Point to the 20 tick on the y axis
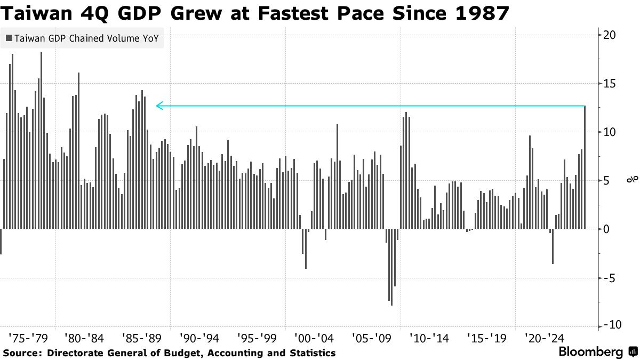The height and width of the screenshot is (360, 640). pyautogui.click(x=609, y=35)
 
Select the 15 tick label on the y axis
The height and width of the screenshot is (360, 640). pyautogui.click(x=609, y=84)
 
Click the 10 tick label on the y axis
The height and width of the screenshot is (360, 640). pyautogui.click(x=609, y=132)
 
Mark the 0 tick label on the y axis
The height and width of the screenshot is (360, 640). pyautogui.click(x=606, y=229)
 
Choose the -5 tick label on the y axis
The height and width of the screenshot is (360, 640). pyautogui.click(x=609, y=278)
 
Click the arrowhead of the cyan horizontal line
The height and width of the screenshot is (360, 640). pyautogui.click(x=158, y=106)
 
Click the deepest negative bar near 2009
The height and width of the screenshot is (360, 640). pyautogui.click(x=391, y=267)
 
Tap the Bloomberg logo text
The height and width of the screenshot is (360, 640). pyautogui.click(x=590, y=352)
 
